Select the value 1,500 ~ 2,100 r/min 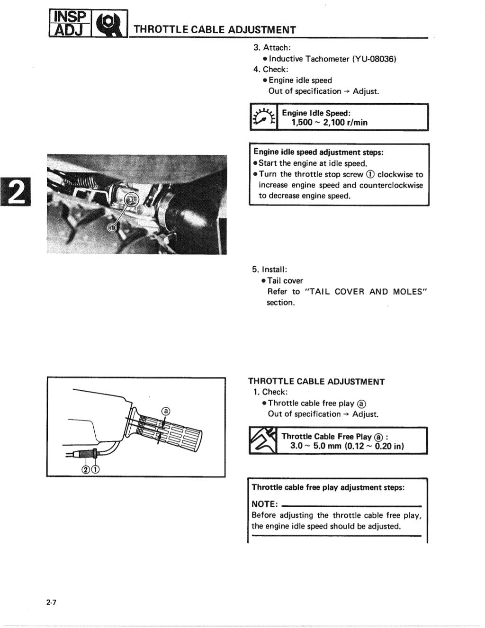tap(329, 123)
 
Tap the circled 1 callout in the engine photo tap(112, 228)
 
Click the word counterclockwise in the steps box tap(391, 185)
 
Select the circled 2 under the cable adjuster tap(86, 469)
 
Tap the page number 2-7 tap(52, 602)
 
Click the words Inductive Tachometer tap(309, 59)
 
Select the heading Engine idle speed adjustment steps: tap(318, 152)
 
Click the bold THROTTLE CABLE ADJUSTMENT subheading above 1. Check tap(316, 381)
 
